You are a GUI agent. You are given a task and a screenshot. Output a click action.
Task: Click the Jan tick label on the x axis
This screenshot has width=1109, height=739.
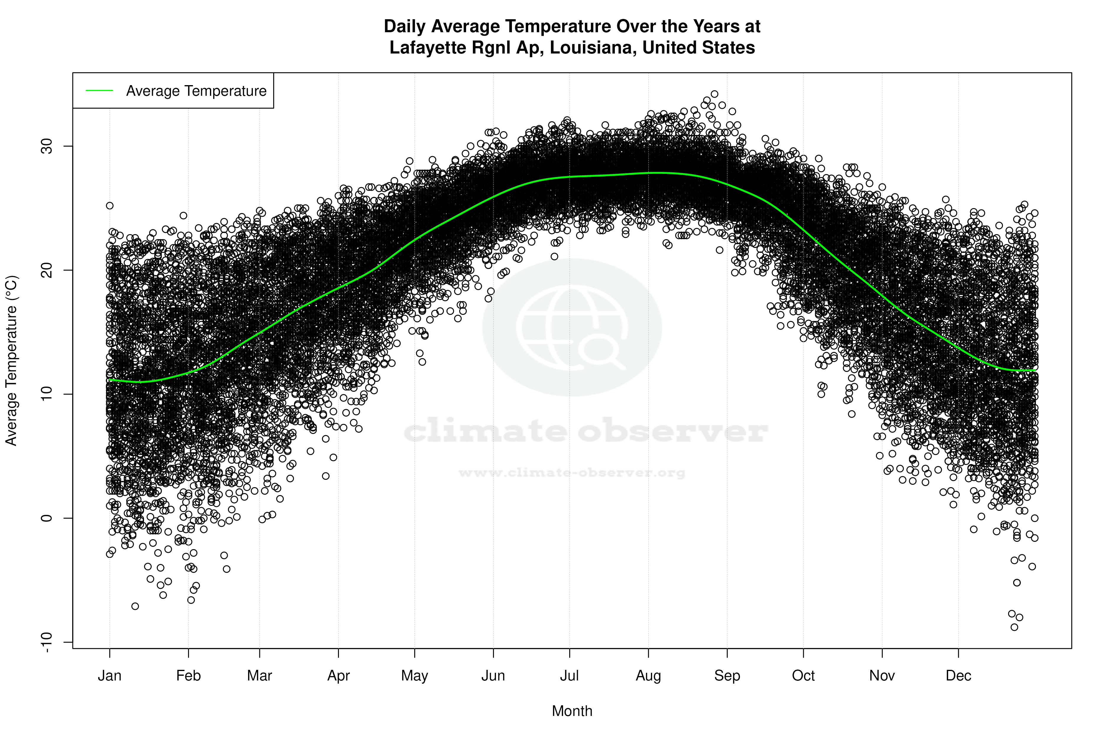point(109,676)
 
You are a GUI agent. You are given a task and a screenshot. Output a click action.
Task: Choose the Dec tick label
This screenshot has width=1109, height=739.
point(958,676)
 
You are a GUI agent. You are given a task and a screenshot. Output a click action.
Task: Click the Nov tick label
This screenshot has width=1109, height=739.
point(882,676)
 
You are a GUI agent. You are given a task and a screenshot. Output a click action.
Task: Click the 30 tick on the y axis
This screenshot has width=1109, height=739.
point(47,146)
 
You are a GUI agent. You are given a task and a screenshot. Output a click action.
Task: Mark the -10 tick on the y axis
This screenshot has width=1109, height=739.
point(47,642)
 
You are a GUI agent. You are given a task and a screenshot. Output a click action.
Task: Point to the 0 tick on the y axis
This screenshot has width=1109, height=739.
point(47,518)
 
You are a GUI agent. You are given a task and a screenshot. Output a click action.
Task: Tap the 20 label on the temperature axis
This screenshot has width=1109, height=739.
point(47,270)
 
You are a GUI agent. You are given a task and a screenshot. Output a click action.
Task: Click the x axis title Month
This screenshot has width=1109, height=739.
point(572,711)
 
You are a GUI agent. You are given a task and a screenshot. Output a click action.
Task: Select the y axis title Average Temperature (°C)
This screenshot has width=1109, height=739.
point(11,361)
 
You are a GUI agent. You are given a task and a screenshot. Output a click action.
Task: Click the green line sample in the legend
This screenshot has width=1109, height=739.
point(99,90)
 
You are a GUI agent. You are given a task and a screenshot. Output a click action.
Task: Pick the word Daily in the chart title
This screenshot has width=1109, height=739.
point(405,26)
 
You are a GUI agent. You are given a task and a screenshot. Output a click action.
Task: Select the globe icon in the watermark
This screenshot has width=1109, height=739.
point(572,327)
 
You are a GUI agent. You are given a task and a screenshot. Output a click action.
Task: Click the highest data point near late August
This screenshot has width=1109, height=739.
point(714,94)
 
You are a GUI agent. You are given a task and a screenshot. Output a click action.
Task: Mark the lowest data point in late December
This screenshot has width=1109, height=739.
point(1014,627)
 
